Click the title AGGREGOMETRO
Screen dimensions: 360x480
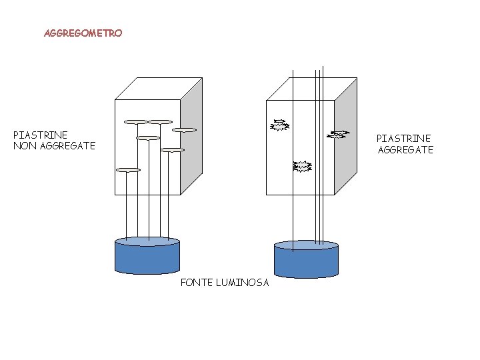click(x=83, y=33)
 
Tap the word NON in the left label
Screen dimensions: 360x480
click(x=25, y=146)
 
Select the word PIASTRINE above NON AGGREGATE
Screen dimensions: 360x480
click(x=41, y=135)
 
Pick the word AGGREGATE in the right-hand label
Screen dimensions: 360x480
click(x=405, y=150)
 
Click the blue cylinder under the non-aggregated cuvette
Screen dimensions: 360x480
click(x=147, y=260)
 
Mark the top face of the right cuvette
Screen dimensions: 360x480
click(x=312, y=89)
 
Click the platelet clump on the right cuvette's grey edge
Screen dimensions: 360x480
click(x=339, y=135)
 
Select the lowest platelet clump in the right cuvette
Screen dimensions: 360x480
click(x=303, y=166)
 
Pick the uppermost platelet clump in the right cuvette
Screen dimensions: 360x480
click(x=279, y=125)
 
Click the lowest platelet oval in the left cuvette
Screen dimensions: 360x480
click(x=128, y=170)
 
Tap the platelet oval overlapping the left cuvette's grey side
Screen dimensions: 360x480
click(x=185, y=130)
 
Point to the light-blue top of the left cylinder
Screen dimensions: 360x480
click(x=147, y=241)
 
